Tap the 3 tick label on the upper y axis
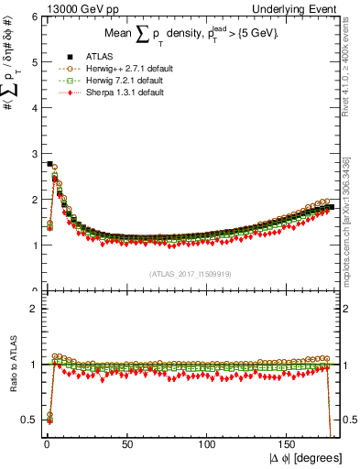tap(33, 154)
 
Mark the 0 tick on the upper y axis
tap(33, 290)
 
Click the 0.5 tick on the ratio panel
tap(30, 420)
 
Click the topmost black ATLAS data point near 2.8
tap(49, 164)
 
